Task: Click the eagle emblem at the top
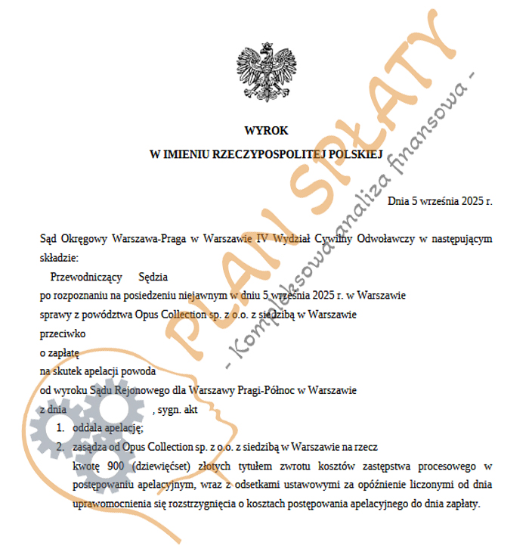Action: pos(265,75)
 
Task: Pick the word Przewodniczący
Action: pos(84,278)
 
